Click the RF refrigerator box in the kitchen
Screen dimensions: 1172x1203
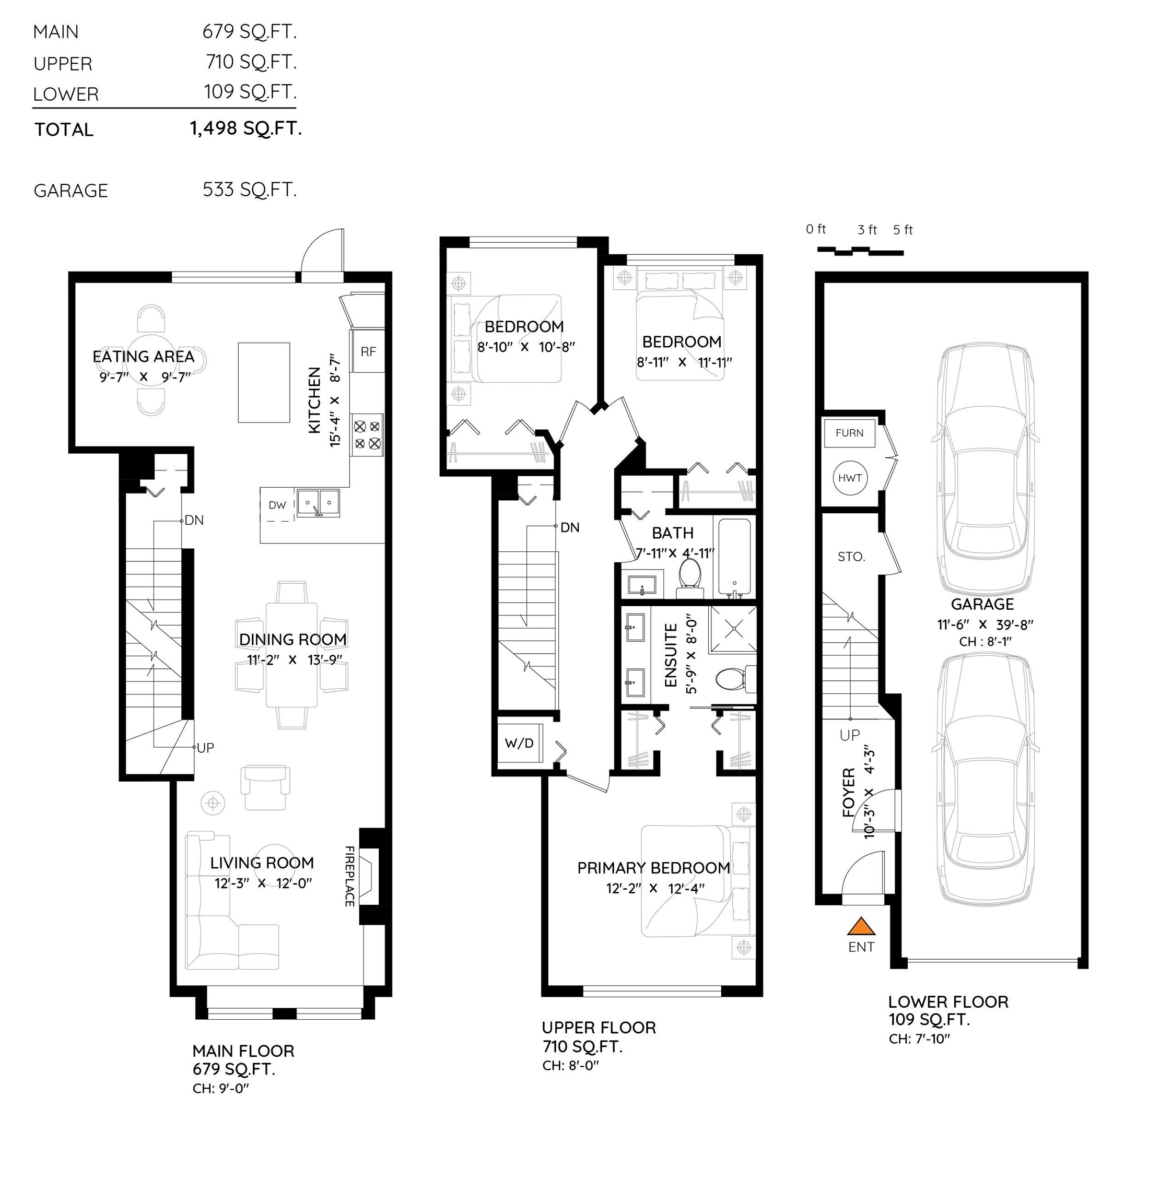coord(368,351)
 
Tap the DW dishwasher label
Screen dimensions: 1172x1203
coord(277,505)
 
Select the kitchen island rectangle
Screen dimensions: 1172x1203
coord(264,382)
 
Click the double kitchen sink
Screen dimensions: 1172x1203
coord(318,502)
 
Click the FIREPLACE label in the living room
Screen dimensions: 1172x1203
coord(349,876)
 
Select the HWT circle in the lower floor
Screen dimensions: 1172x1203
coord(850,478)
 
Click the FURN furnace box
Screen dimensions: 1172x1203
coord(849,432)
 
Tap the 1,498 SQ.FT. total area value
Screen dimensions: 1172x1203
coord(245,128)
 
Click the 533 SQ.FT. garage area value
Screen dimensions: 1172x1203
coord(250,190)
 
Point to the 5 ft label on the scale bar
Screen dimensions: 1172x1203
coord(903,230)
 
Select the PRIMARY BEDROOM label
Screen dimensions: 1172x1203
coord(654,868)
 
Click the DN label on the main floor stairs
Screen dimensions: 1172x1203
coord(194,521)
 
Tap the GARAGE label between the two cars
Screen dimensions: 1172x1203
coord(982,604)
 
